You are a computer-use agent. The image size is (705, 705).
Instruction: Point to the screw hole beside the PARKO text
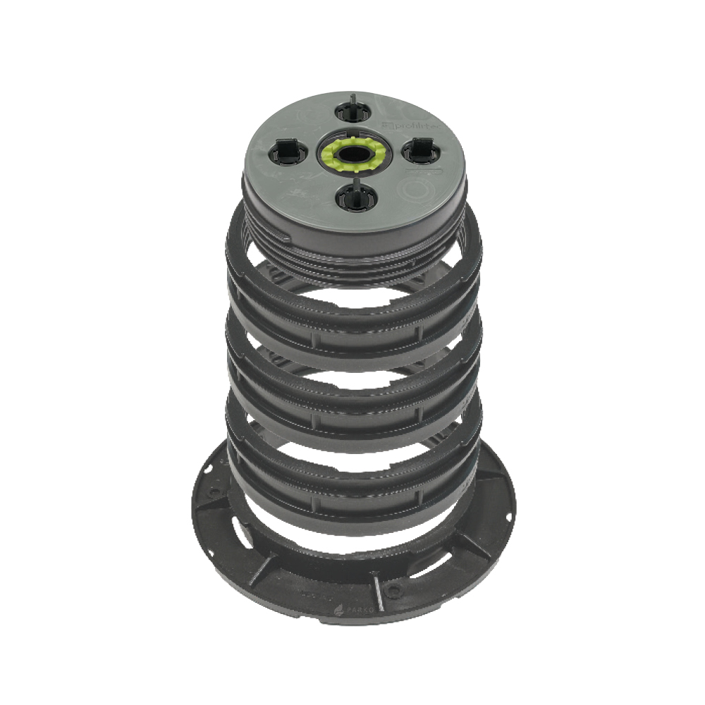click(x=393, y=587)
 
